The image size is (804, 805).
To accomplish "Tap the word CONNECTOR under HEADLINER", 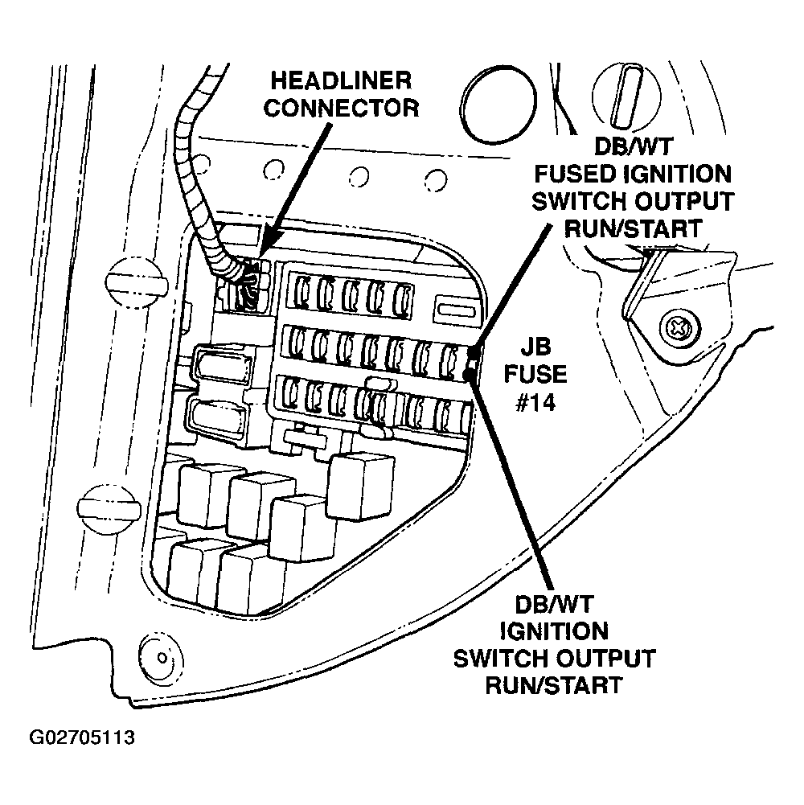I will [x=342, y=108].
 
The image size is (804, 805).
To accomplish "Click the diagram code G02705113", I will [x=82, y=738].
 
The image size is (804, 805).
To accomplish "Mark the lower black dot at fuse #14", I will [x=471, y=373].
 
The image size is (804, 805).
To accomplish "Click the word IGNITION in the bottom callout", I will [x=554, y=630].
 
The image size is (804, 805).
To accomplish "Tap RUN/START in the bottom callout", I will [x=554, y=684].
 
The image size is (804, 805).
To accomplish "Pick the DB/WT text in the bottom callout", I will [x=554, y=604].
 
